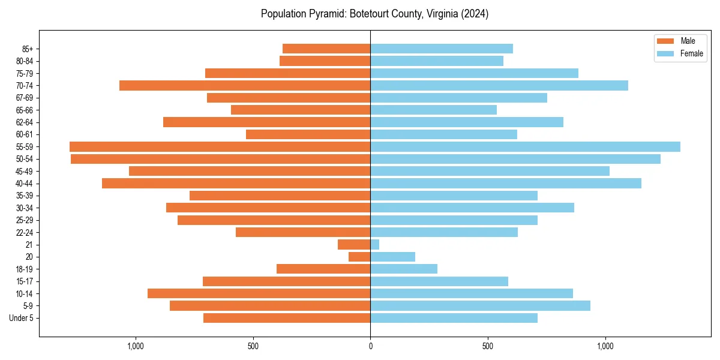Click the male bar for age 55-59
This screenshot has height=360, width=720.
coord(220,146)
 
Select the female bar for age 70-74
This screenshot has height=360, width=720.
coord(499,85)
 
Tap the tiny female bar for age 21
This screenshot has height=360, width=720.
coord(375,244)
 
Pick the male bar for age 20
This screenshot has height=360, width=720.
coord(359,257)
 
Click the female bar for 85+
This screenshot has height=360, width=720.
coord(442,49)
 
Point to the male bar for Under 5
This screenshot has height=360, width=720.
coord(287,318)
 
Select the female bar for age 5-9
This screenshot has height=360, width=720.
coord(480,305)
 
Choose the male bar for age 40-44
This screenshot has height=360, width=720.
coord(236,183)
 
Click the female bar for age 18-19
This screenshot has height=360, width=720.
coord(404,269)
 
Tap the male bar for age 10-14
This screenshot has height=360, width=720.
coord(259,293)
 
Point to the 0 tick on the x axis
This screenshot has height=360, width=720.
coord(370,346)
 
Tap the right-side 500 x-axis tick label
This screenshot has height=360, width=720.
coord(488,346)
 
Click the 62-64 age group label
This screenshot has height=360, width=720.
coord(25,122)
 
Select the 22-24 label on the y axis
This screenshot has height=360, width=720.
coord(25,232)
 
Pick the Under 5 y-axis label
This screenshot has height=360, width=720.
coord(22,318)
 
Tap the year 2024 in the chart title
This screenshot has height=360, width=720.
coord(476,14)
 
